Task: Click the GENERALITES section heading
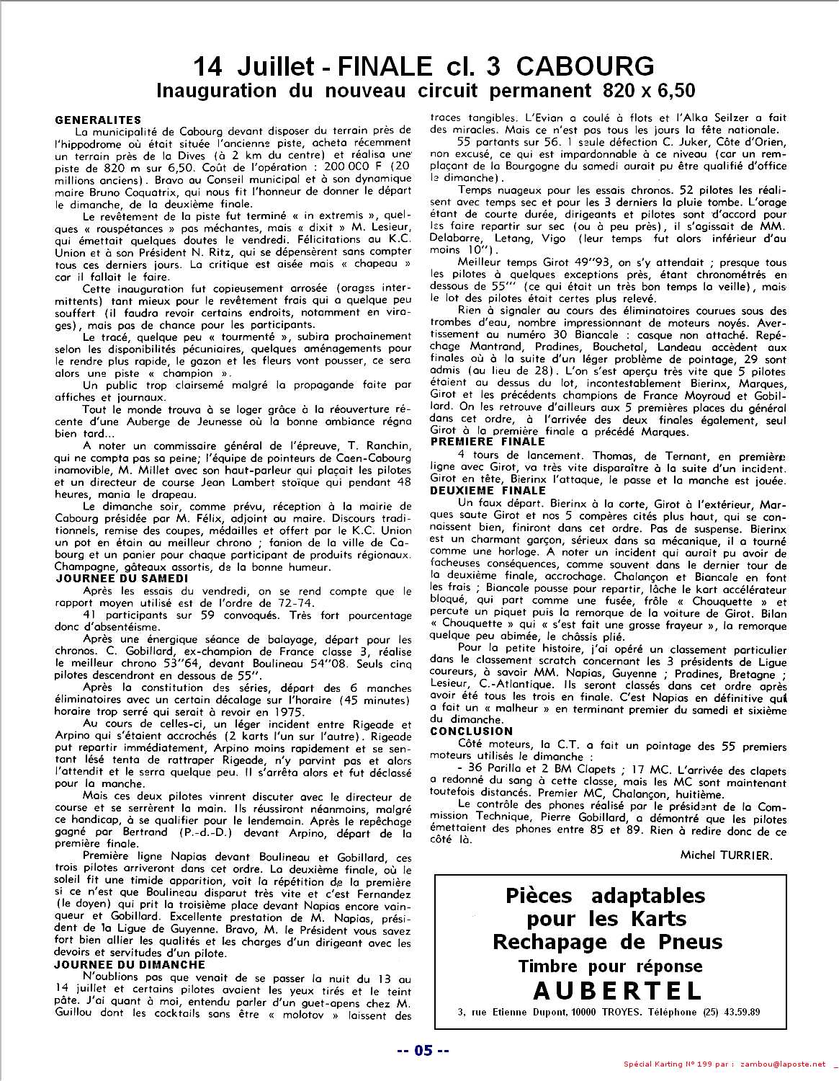(98, 120)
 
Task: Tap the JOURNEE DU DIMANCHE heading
(130, 964)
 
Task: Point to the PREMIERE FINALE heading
(488, 442)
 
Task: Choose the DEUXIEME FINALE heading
(488, 490)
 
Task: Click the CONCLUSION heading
(471, 731)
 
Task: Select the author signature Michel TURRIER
(725, 855)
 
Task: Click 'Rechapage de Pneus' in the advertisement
(606, 941)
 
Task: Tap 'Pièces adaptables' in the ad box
(605, 896)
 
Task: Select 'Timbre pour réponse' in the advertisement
(610, 966)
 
